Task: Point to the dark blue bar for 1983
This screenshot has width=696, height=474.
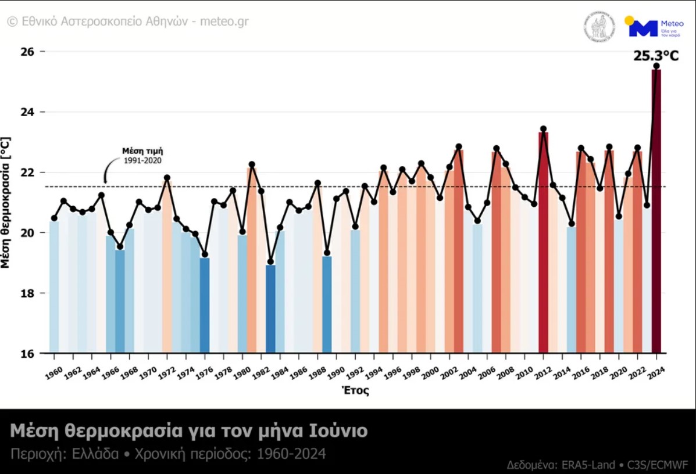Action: [270, 308]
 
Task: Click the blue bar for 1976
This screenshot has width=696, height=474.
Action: [205, 305]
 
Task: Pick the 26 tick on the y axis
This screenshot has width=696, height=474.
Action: [26, 52]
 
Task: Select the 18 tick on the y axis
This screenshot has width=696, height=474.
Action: [26, 293]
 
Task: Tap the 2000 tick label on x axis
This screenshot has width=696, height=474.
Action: [430, 372]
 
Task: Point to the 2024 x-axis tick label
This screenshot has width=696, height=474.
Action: [656, 372]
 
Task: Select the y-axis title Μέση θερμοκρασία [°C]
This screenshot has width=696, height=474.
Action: [6, 202]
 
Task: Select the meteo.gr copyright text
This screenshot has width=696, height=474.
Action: [128, 21]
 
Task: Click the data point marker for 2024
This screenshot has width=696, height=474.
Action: [656, 66]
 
